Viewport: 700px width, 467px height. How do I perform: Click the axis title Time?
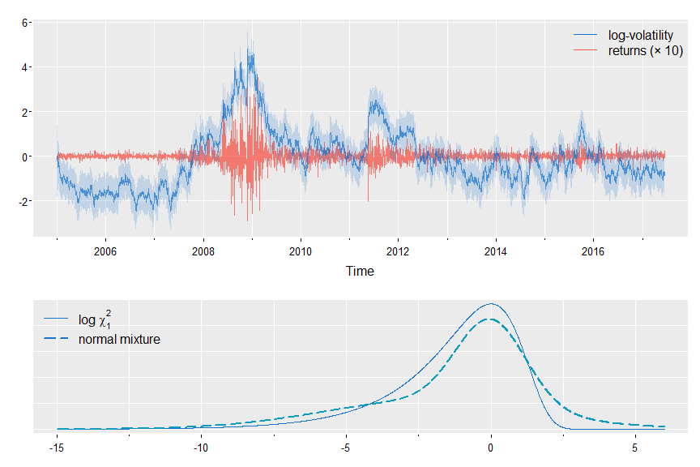[x=360, y=271]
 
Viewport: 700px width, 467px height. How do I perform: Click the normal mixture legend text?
[x=119, y=339]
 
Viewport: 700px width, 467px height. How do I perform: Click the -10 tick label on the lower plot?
[x=201, y=447]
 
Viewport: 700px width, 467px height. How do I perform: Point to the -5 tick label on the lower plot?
[x=346, y=447]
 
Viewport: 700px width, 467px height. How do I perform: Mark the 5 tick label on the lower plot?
[x=635, y=447]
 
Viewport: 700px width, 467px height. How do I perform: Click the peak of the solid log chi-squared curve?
[x=490, y=304]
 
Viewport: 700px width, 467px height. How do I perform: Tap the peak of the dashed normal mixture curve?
[x=490, y=319]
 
